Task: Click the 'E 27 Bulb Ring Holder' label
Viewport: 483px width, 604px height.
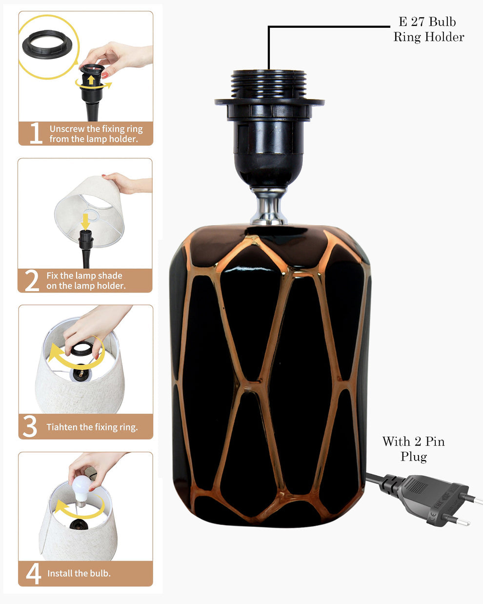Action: tap(428, 29)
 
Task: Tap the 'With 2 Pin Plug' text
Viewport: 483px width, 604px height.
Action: tap(413, 449)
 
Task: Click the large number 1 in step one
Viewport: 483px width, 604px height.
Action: tap(36, 133)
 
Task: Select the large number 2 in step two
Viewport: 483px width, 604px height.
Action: tap(32, 280)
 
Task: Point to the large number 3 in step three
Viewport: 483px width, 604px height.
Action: tap(30, 426)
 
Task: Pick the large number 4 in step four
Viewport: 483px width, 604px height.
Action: tap(33, 574)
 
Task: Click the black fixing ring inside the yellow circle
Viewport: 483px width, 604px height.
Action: tap(47, 45)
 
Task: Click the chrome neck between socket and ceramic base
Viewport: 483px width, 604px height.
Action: tap(269, 207)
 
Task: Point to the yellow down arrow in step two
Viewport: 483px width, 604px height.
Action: tap(85, 221)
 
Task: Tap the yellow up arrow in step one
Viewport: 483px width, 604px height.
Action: tap(91, 80)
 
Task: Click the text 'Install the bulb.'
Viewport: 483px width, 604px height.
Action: tap(79, 573)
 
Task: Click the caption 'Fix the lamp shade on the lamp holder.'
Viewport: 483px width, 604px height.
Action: tap(86, 281)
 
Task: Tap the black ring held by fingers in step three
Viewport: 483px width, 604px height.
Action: tap(82, 348)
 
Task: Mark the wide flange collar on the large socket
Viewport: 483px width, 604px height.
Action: tap(269, 102)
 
